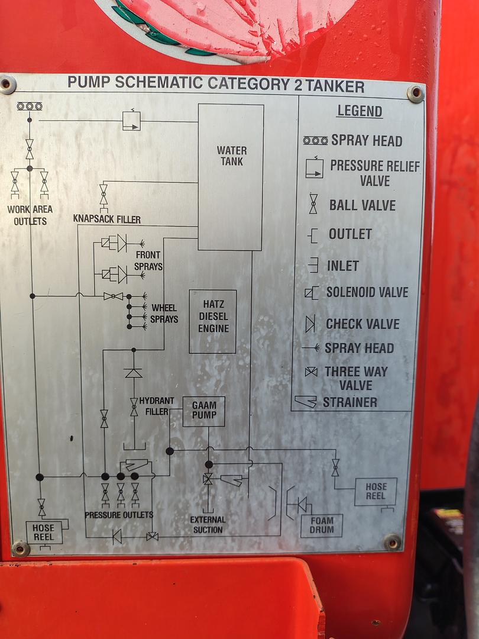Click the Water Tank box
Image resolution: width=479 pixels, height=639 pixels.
coord(231,177)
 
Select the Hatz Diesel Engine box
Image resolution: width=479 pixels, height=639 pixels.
coord(213,321)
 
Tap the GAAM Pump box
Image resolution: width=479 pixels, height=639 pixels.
coord(203,412)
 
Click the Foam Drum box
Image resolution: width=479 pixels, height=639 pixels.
coord(322,525)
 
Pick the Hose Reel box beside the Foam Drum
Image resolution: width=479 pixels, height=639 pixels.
coord(376,492)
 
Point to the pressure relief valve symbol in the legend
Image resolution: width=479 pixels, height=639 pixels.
coord(315,167)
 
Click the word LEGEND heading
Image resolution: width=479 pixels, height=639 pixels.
coord(360,111)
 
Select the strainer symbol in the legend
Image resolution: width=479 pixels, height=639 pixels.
coord(306,402)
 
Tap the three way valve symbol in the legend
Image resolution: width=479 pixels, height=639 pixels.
coord(311,372)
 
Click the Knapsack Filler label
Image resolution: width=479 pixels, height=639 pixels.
coord(106,219)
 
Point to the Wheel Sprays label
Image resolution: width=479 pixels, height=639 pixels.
coord(164,314)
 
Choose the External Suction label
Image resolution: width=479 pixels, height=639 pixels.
coord(208,524)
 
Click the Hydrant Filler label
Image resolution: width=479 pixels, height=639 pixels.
coord(156,406)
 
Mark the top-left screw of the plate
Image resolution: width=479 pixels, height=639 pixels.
coord(7,85)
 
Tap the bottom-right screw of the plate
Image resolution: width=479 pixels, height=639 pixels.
coord(392,541)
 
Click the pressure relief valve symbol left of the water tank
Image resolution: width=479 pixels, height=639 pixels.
coord(131,121)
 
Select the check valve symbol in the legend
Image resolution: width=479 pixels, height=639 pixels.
coord(310,324)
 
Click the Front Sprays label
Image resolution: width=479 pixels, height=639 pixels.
coord(148,260)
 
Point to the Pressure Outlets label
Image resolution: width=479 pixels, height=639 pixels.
coord(119,515)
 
